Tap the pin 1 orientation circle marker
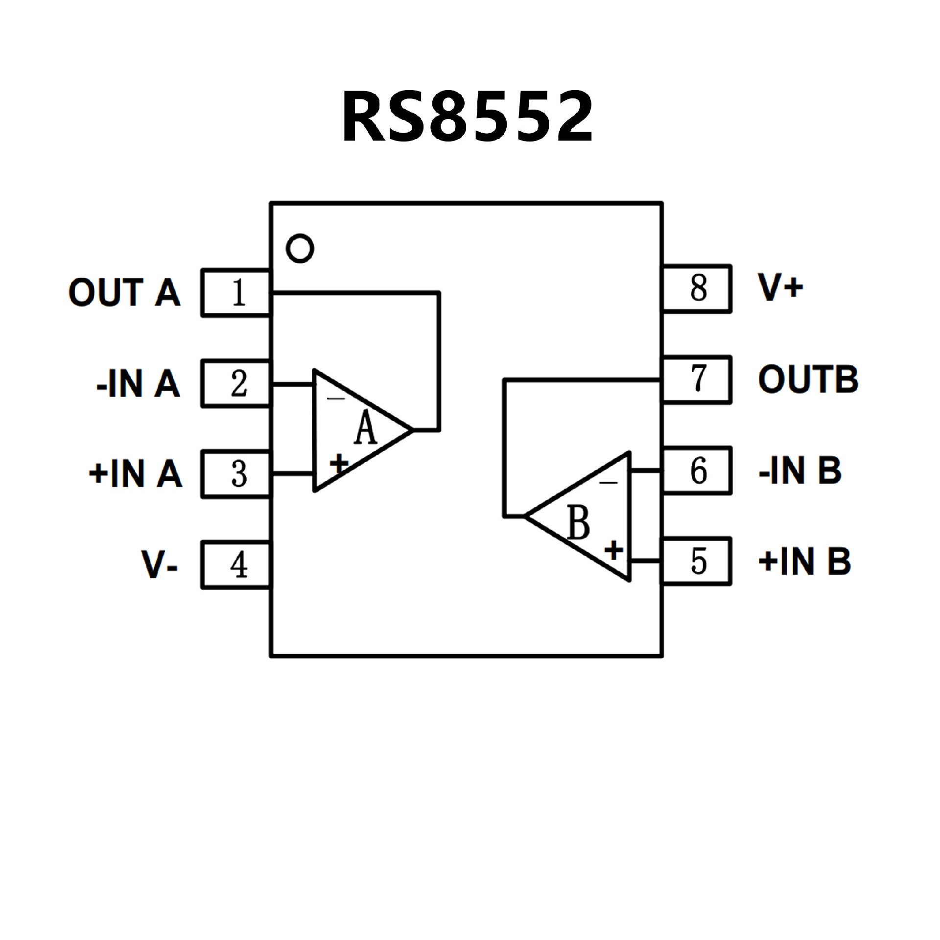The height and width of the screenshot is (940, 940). (300, 249)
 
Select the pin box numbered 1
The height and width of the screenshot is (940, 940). (236, 293)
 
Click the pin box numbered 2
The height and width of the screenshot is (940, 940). (236, 383)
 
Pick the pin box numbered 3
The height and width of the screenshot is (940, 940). (236, 474)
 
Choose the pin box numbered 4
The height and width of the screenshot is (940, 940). (236, 564)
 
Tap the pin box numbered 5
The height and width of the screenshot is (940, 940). (697, 561)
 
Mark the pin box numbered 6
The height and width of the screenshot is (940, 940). (697, 470)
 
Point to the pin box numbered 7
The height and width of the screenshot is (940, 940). (697, 379)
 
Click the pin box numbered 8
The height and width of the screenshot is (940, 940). (697, 288)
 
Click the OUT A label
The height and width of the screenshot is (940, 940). (124, 293)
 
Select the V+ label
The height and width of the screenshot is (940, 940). (780, 287)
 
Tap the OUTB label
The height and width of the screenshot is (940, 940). (808, 379)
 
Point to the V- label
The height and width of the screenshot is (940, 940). (160, 564)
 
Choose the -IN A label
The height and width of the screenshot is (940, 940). (139, 383)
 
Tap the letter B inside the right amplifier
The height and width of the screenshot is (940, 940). (579, 523)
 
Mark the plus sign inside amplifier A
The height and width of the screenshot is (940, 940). (339, 463)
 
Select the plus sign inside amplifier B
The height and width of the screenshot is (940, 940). (614, 550)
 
